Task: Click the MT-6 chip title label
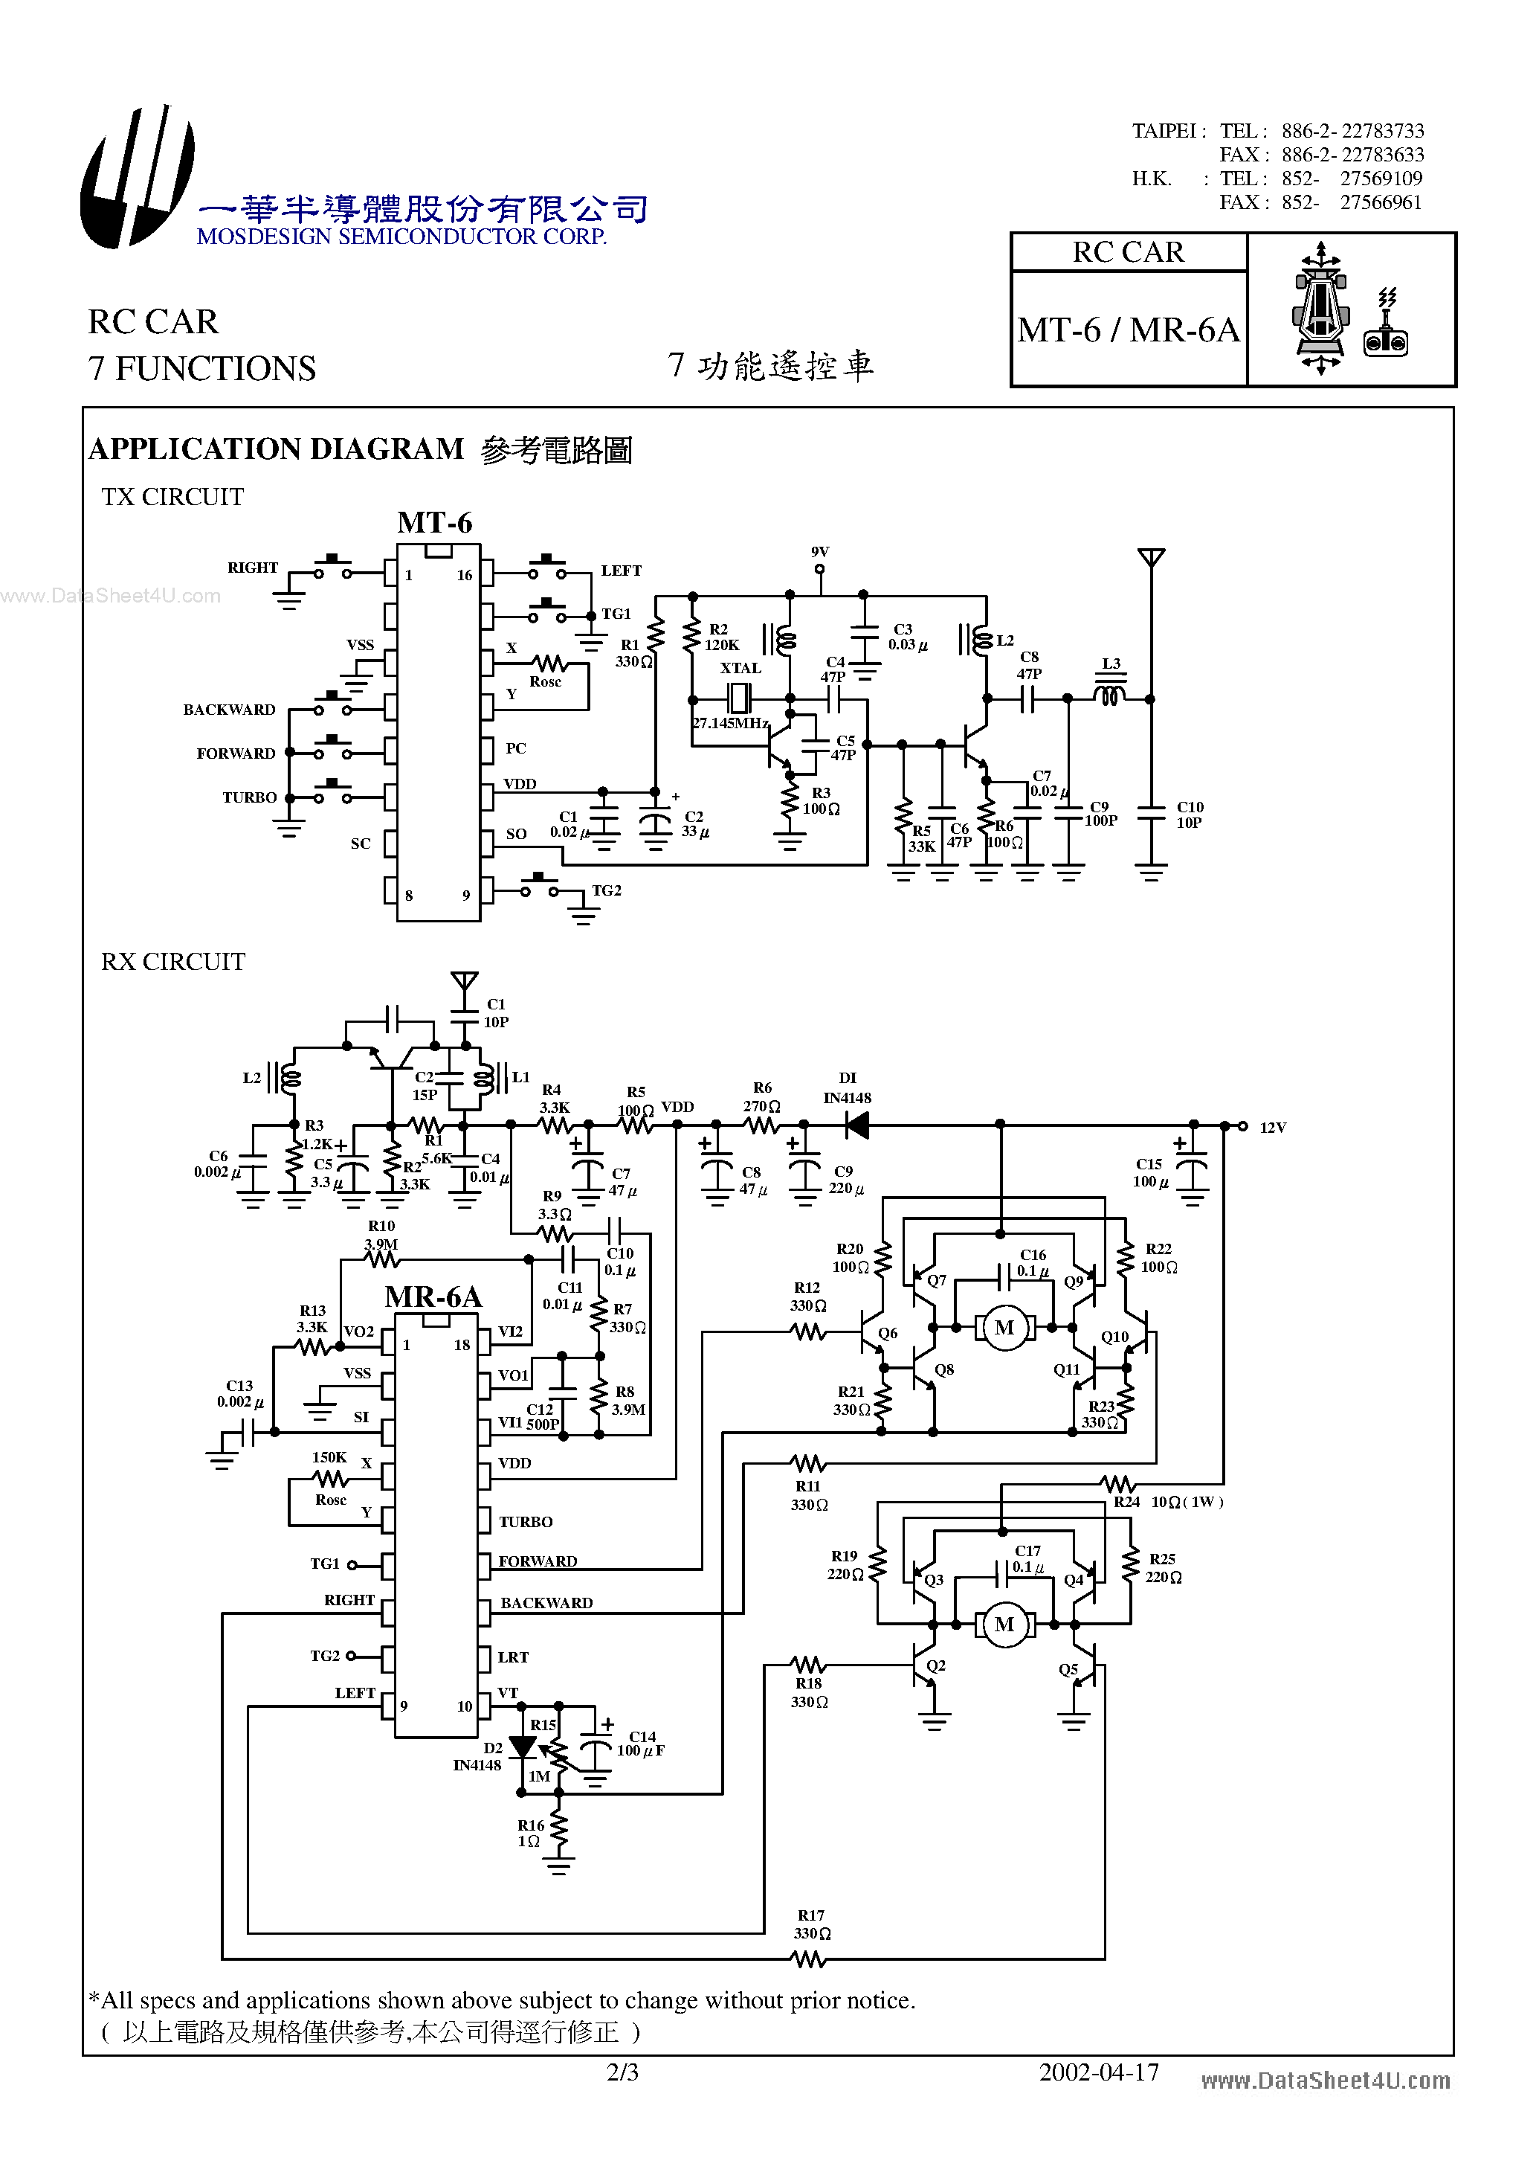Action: [x=435, y=523]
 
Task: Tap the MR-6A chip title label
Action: [x=433, y=1297]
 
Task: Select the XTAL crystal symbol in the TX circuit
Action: [x=740, y=699]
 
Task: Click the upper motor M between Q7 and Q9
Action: [x=1004, y=1328]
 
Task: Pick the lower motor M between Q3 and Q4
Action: [x=1004, y=1625]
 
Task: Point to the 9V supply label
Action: [x=820, y=551]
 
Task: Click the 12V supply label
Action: [x=1273, y=1127]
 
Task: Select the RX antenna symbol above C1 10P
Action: [x=464, y=980]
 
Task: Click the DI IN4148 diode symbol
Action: [x=857, y=1125]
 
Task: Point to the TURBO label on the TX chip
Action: [x=249, y=797]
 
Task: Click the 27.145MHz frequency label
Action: [x=730, y=723]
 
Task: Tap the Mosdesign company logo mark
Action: [x=138, y=178]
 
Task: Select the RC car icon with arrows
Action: [x=1321, y=309]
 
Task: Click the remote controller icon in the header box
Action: [x=1385, y=327]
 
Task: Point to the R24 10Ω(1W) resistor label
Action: [x=1169, y=1502]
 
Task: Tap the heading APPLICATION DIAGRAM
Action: [x=276, y=449]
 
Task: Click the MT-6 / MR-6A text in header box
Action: [x=1128, y=330]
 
